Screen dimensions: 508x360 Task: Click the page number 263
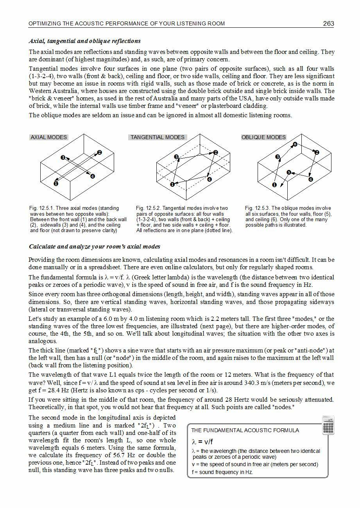(328, 23)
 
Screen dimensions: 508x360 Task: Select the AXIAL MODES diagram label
(49, 137)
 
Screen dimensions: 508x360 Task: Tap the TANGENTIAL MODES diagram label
(158, 137)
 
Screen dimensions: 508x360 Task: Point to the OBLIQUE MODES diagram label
(263, 137)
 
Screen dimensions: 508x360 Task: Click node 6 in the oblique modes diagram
(295, 145)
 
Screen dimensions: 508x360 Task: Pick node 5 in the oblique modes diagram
(288, 172)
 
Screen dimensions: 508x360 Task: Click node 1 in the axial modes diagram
(56, 183)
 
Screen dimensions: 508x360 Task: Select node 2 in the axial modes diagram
(99, 152)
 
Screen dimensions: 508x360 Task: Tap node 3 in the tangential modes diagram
(177, 157)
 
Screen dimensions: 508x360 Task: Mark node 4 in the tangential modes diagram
(210, 179)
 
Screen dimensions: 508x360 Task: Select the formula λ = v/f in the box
(202, 442)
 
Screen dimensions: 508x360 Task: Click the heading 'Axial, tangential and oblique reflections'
(85, 41)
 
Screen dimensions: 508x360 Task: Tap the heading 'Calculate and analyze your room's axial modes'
(94, 247)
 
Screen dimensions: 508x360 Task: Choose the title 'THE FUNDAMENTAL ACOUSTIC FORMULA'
(245, 430)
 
